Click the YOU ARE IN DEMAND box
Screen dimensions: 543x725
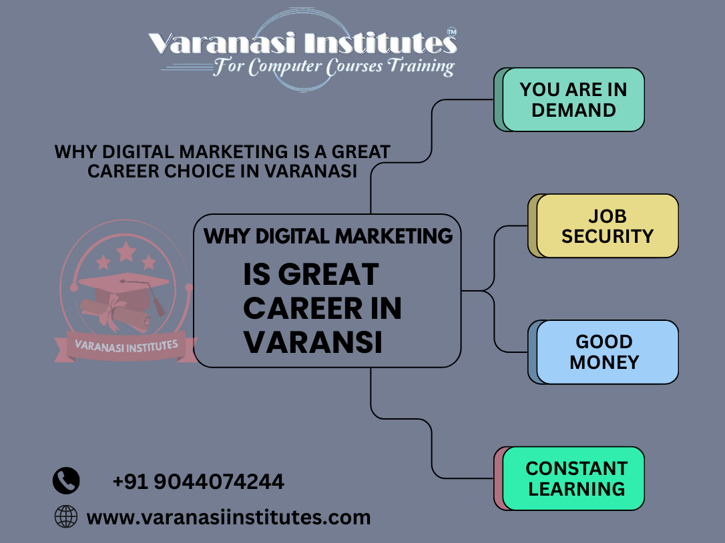[x=573, y=99]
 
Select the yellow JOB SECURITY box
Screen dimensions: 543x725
[x=607, y=225]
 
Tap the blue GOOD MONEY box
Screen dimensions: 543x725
[x=607, y=352]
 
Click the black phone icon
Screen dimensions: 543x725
[x=66, y=480]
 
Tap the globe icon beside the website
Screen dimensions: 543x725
[x=66, y=516]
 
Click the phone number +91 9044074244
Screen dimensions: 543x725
[x=198, y=481]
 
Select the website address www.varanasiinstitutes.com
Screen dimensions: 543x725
[x=228, y=516]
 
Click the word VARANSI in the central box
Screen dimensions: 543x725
[x=312, y=343]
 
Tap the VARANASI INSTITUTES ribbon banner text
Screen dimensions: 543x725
[x=126, y=346]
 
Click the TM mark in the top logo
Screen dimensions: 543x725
[x=451, y=31]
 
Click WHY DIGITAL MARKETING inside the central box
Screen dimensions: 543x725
[x=328, y=235]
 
